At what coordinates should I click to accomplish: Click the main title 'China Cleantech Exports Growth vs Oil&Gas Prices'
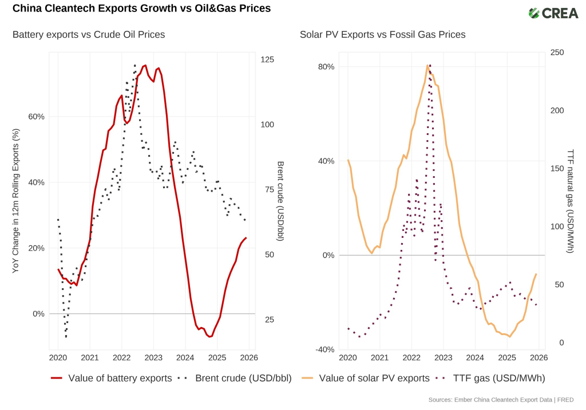pos(141,9)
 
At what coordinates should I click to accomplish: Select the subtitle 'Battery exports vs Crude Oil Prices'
pos(89,35)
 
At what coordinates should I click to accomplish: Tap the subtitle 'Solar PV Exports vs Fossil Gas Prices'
pos(382,35)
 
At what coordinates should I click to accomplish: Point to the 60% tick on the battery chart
pos(36,117)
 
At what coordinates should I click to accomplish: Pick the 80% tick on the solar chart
pos(326,66)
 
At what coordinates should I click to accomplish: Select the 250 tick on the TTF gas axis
pos(557,53)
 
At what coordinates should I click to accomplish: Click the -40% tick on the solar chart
pos(325,350)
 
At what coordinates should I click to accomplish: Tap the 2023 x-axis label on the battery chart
pos(153,358)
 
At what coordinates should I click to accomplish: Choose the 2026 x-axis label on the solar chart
pos(539,358)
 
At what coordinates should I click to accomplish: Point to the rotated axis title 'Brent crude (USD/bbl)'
pos(280,201)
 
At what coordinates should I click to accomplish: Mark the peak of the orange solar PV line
pos(427,65)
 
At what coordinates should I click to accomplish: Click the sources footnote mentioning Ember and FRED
pos(501,400)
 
